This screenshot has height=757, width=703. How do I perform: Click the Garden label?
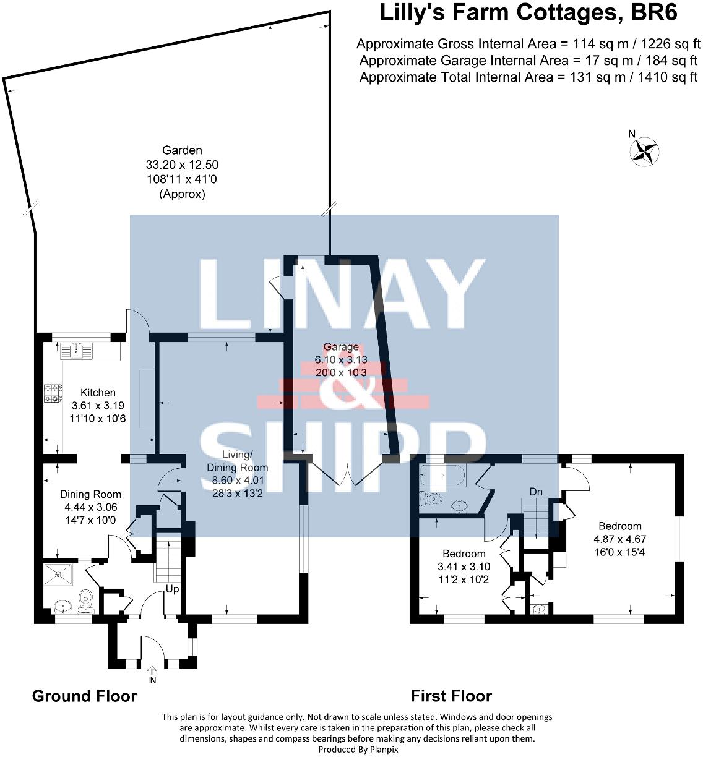[x=182, y=150]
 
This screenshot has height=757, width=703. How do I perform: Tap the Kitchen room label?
[x=98, y=393]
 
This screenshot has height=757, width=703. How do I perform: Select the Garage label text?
[x=340, y=348]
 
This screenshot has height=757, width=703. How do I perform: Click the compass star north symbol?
[x=644, y=151]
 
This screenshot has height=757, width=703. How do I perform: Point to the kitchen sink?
[x=77, y=350]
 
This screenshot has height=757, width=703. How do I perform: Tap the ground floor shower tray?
[x=59, y=575]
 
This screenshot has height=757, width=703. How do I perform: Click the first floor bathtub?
[x=441, y=477]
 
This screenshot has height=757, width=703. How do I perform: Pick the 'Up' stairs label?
[x=172, y=589]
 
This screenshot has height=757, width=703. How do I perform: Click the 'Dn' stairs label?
[x=536, y=492]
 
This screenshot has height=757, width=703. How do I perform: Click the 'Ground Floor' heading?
[x=84, y=696]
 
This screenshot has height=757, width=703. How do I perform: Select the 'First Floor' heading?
[x=451, y=696]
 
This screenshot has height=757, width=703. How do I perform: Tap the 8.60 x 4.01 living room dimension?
[x=237, y=481]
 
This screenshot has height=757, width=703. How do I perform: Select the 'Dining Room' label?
[x=90, y=494]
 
